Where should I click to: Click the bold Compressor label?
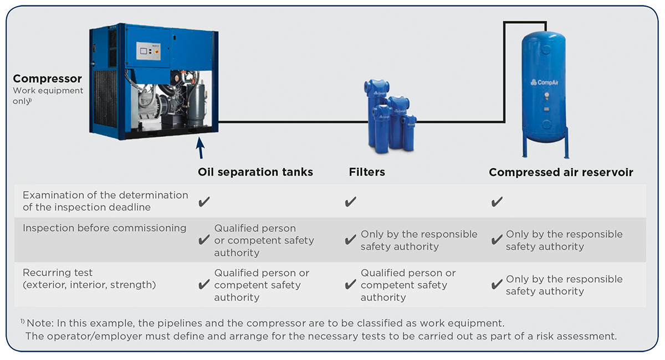47,79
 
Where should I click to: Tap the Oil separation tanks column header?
255,172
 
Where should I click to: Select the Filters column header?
366,172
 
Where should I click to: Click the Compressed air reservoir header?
560,172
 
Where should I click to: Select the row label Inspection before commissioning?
104,228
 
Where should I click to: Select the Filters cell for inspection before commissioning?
418,240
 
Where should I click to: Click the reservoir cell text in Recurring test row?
564,285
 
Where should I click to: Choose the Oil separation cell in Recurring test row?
261,285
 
